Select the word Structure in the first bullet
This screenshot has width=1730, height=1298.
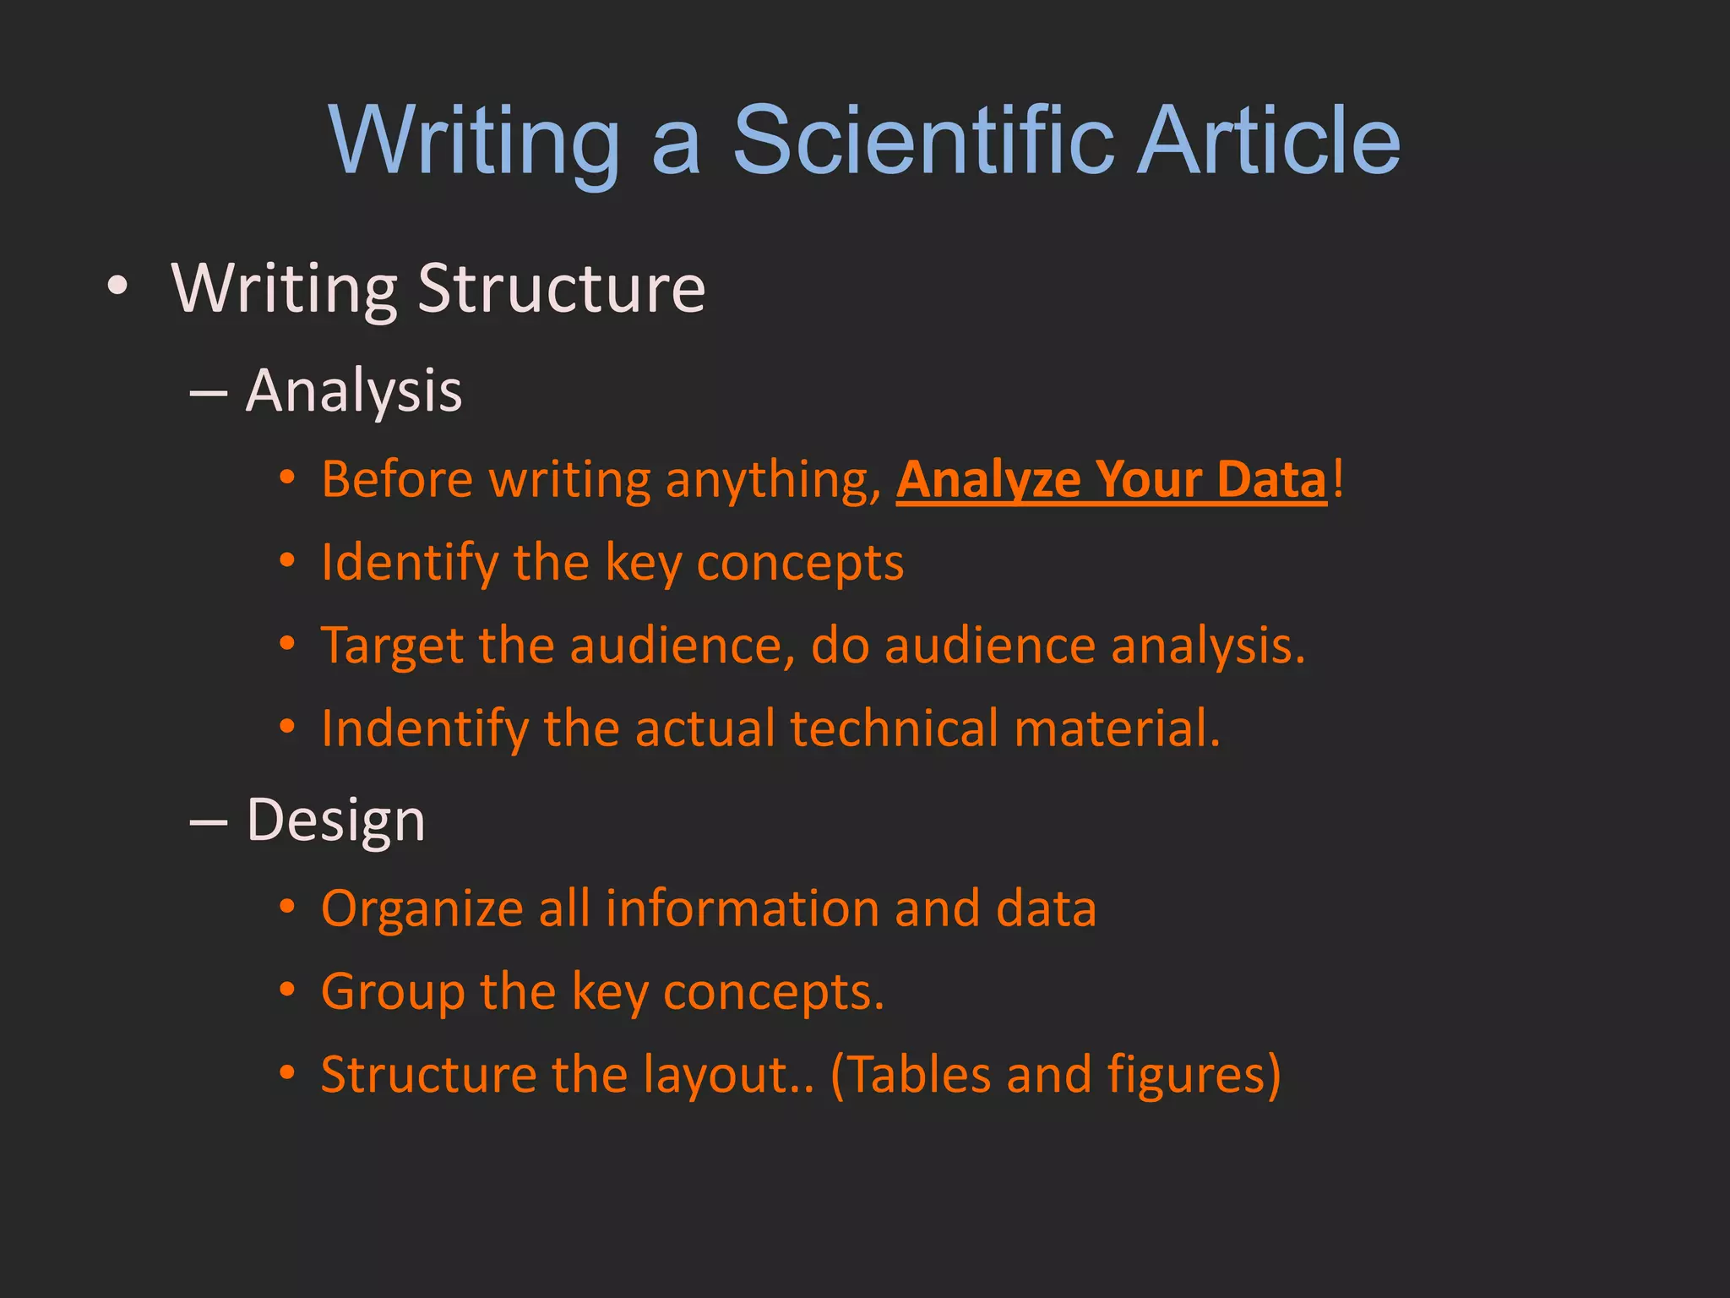[561, 288]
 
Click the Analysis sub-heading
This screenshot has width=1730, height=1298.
[354, 390]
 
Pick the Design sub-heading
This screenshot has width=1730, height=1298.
[335, 820]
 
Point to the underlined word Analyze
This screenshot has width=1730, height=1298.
[988, 479]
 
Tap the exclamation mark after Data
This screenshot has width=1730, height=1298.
[1337, 479]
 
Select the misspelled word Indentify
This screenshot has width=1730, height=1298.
[424, 728]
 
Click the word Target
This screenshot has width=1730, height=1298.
[393, 646]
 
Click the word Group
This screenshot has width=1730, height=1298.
[393, 991]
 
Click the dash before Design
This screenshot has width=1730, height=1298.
[209, 821]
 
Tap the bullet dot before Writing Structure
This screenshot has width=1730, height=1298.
[118, 287]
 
